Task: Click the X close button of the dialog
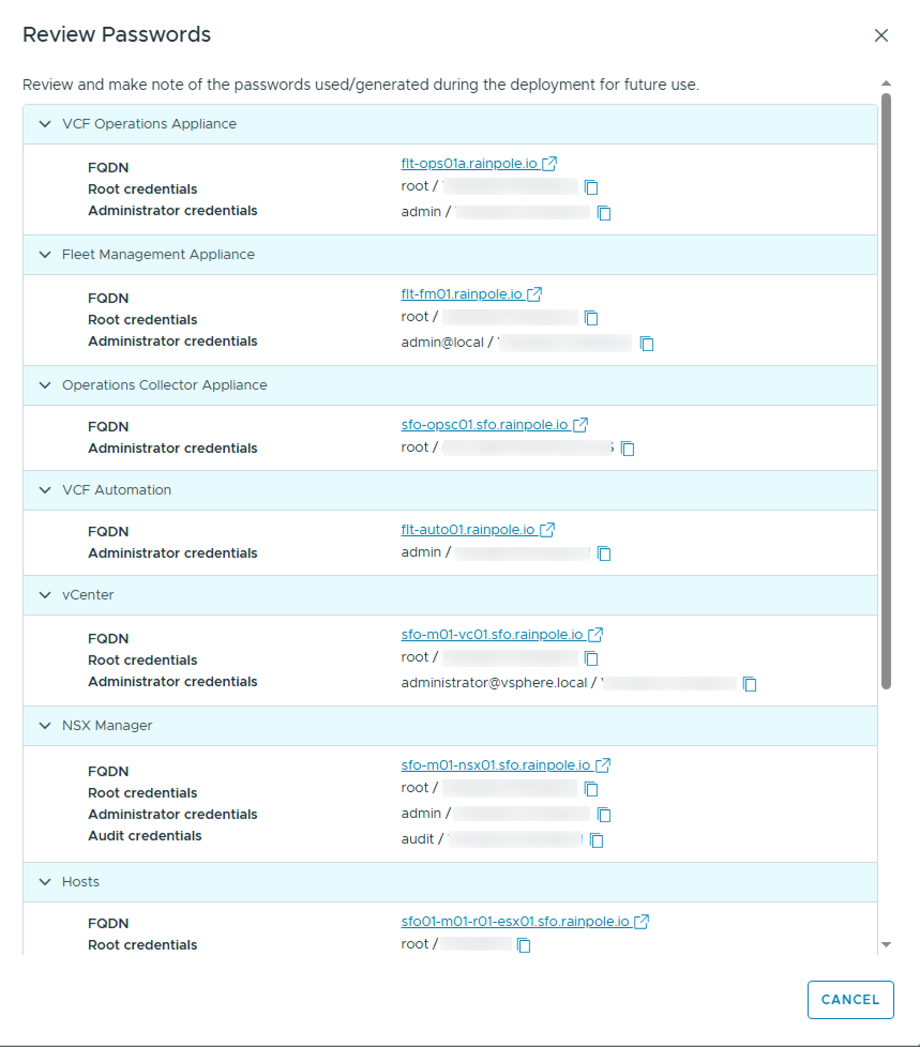[x=881, y=35]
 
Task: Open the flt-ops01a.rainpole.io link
[x=469, y=163]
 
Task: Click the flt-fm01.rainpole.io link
[x=462, y=294]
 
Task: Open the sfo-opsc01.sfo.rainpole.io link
[x=484, y=424]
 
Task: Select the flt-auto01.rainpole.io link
[x=468, y=529]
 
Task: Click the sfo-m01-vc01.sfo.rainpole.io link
[x=492, y=634]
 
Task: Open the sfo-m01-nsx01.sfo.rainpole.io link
[x=495, y=765]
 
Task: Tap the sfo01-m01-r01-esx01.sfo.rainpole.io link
[x=515, y=921]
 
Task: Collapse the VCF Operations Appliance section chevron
[x=46, y=124]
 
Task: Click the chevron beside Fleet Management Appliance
[x=46, y=255]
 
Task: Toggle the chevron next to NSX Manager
[x=46, y=726]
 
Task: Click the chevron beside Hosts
[x=46, y=882]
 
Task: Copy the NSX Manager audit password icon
[x=597, y=840]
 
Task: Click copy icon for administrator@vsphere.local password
[x=750, y=684]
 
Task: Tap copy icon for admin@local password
[x=647, y=344]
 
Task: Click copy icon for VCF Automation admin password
[x=604, y=553]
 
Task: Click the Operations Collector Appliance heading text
[x=164, y=385]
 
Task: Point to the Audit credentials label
[x=145, y=836]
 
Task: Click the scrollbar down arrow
[x=886, y=945]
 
